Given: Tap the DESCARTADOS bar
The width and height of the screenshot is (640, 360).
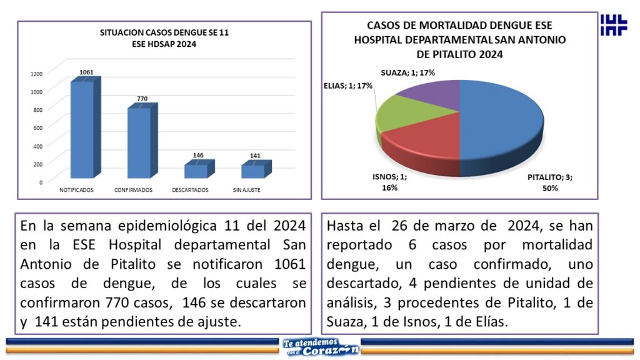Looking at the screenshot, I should (x=196, y=171).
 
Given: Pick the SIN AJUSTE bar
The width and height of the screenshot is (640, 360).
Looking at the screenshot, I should (x=253, y=171).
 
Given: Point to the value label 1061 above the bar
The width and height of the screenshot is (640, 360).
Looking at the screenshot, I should (x=86, y=72).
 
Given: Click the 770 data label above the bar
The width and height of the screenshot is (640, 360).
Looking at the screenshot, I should (x=142, y=99).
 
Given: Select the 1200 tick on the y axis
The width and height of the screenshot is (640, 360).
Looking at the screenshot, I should (x=36, y=74).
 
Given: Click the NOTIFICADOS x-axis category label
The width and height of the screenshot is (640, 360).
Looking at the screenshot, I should (x=76, y=190).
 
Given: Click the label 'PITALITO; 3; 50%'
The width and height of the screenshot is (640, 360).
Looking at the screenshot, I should (x=549, y=182).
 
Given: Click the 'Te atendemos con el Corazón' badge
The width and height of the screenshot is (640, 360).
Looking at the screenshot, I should (x=320, y=346).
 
